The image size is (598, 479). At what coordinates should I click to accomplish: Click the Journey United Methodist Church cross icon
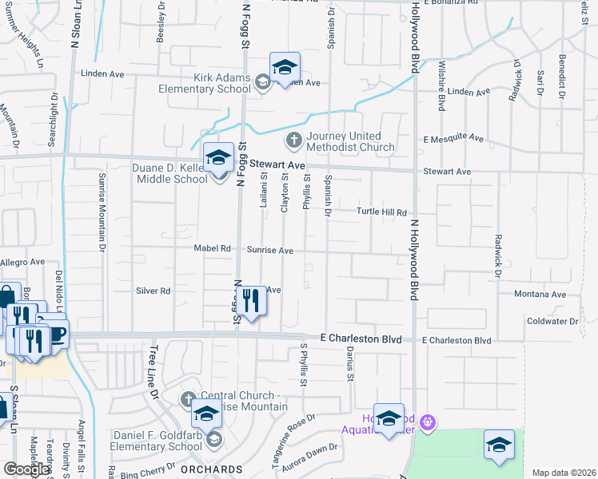293,141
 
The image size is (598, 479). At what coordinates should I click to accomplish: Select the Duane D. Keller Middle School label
169,173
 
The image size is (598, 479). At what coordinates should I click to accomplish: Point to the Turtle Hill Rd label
382,212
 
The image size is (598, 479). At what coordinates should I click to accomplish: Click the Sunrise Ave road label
269,250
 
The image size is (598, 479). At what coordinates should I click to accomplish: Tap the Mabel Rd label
212,248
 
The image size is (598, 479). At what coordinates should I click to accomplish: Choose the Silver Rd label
153,291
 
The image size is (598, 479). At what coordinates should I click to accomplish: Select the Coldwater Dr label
552,321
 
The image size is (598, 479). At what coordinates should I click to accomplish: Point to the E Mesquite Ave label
453,138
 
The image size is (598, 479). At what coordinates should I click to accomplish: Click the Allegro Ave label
22,262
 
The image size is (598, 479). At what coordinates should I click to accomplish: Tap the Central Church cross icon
188,398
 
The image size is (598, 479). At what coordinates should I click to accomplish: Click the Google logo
26,469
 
